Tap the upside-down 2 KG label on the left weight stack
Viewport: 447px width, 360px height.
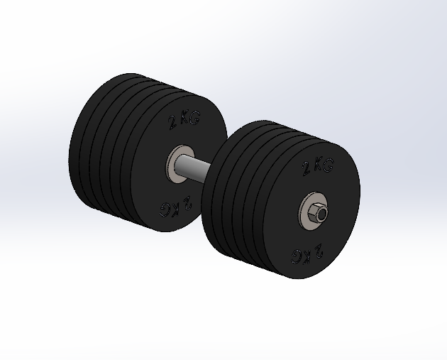[x=175, y=207]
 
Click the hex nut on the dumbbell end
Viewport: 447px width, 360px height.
[x=315, y=211]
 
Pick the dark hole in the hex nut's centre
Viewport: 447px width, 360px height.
[x=320, y=212]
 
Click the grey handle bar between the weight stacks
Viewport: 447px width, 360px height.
[x=197, y=168]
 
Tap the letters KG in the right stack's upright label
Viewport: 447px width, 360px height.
[x=323, y=165]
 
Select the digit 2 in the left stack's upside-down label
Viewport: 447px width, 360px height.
[x=185, y=204]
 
